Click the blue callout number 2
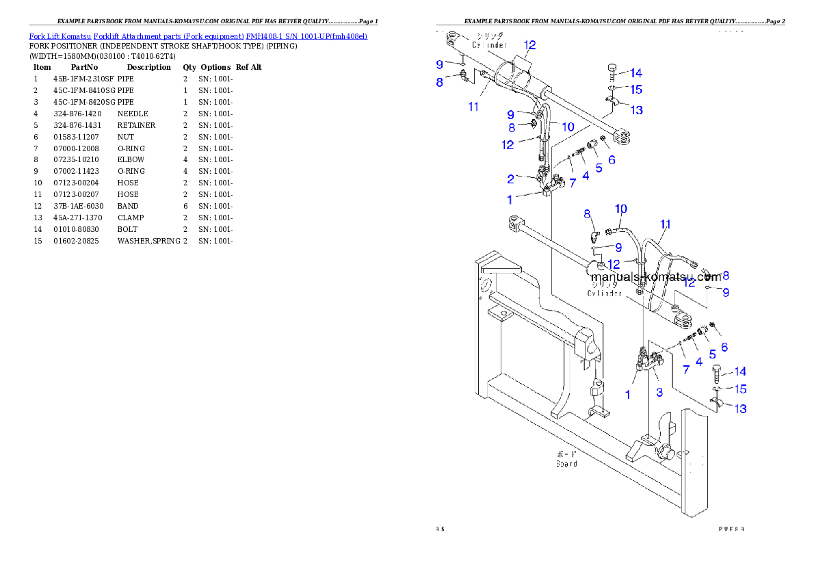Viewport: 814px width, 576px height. tap(510, 179)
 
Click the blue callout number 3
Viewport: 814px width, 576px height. tap(659, 393)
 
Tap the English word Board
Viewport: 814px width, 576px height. tap(566, 464)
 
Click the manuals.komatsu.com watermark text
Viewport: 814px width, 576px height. tap(655, 278)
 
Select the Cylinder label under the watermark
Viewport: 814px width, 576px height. tap(605, 293)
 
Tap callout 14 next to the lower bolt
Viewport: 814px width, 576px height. tap(740, 372)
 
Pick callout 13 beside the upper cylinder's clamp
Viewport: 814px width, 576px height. tap(636, 110)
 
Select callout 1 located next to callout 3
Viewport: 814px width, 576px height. tap(628, 395)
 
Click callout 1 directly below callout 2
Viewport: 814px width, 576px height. tap(510, 200)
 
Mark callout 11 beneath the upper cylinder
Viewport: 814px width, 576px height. tap(473, 106)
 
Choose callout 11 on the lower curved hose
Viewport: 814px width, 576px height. tap(666, 224)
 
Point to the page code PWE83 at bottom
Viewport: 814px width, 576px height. tap(731, 528)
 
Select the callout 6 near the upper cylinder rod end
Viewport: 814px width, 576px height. tap(612, 160)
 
